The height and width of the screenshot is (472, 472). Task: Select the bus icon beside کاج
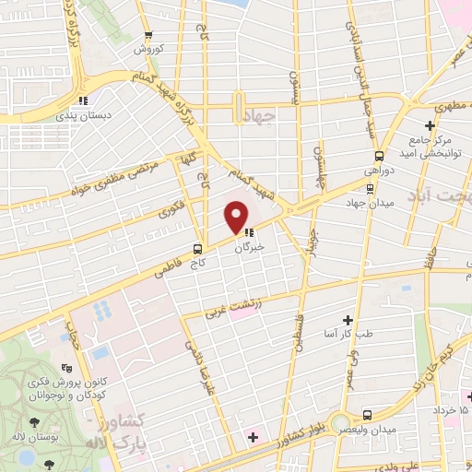198,249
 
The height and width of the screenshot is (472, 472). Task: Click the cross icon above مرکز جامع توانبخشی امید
430,125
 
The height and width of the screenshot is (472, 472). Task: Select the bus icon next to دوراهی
371,187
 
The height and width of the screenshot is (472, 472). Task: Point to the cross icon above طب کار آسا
348,320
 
